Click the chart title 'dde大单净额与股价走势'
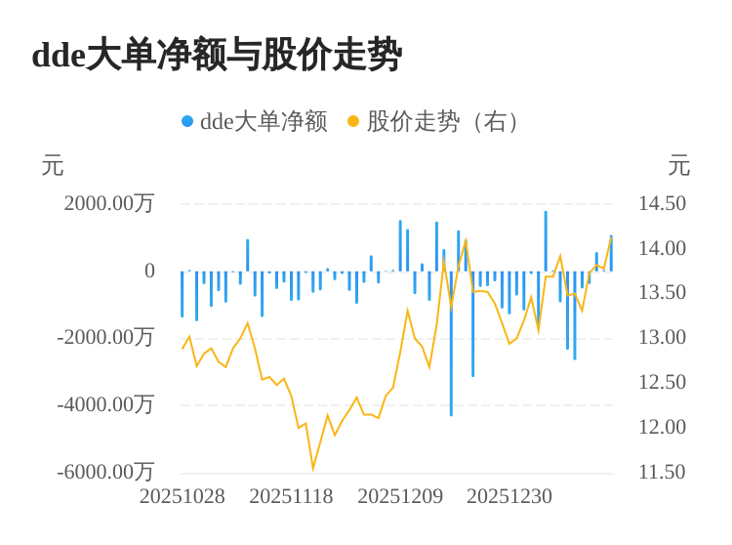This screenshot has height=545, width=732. (217, 55)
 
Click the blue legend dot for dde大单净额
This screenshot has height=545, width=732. (187, 121)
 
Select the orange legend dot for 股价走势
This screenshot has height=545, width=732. (353, 121)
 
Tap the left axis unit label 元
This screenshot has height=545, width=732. (53, 166)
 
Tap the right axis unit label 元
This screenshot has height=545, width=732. (679, 166)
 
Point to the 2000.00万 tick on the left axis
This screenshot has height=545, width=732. (109, 203)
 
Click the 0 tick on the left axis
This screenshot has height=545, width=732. (149, 271)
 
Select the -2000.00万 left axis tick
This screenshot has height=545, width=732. (105, 337)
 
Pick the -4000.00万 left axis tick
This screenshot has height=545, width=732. (105, 404)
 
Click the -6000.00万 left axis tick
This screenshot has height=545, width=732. (105, 472)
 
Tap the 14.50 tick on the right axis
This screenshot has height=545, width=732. (662, 203)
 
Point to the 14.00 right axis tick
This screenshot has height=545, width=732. (662, 248)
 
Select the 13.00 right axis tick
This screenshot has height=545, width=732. (662, 337)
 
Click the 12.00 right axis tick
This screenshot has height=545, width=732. (662, 427)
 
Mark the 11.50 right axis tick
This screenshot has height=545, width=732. (662, 472)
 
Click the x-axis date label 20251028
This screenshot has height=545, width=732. (183, 496)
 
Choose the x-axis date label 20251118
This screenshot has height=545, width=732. (291, 496)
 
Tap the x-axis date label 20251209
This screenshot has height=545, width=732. (400, 496)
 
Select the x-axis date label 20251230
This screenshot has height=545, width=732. (509, 496)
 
